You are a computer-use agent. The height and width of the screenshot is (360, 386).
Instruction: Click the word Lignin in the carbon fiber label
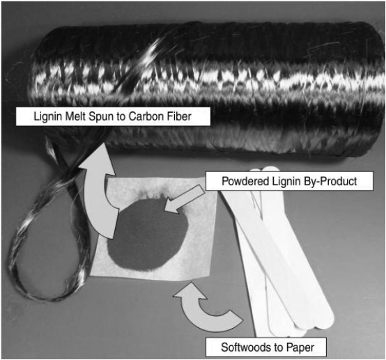pyautogui.click(x=48, y=117)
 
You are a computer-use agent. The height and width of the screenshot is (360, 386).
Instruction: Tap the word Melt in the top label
pyautogui.click(x=75, y=116)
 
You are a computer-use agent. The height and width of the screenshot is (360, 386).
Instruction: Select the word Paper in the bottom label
pyautogui.click(x=300, y=347)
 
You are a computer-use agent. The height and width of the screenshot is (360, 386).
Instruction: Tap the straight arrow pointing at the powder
pyautogui.click(x=184, y=198)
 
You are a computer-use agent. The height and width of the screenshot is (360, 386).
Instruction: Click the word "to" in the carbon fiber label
pyautogui.click(x=121, y=117)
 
